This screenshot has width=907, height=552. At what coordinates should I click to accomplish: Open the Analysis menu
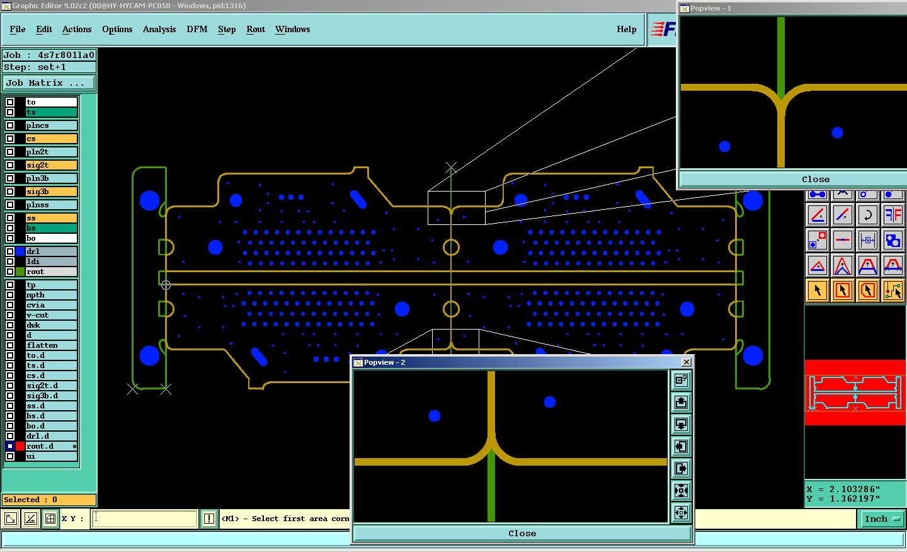point(159,29)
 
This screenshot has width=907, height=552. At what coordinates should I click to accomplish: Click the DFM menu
point(197,29)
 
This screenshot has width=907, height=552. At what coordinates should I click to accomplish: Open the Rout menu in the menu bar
point(256,29)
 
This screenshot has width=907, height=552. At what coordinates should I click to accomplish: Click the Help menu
point(626,29)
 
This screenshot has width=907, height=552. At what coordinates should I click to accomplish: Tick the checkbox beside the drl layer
point(10,251)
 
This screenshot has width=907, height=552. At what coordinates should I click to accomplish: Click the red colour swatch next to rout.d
point(20,446)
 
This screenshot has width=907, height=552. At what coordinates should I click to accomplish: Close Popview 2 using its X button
point(687,362)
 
